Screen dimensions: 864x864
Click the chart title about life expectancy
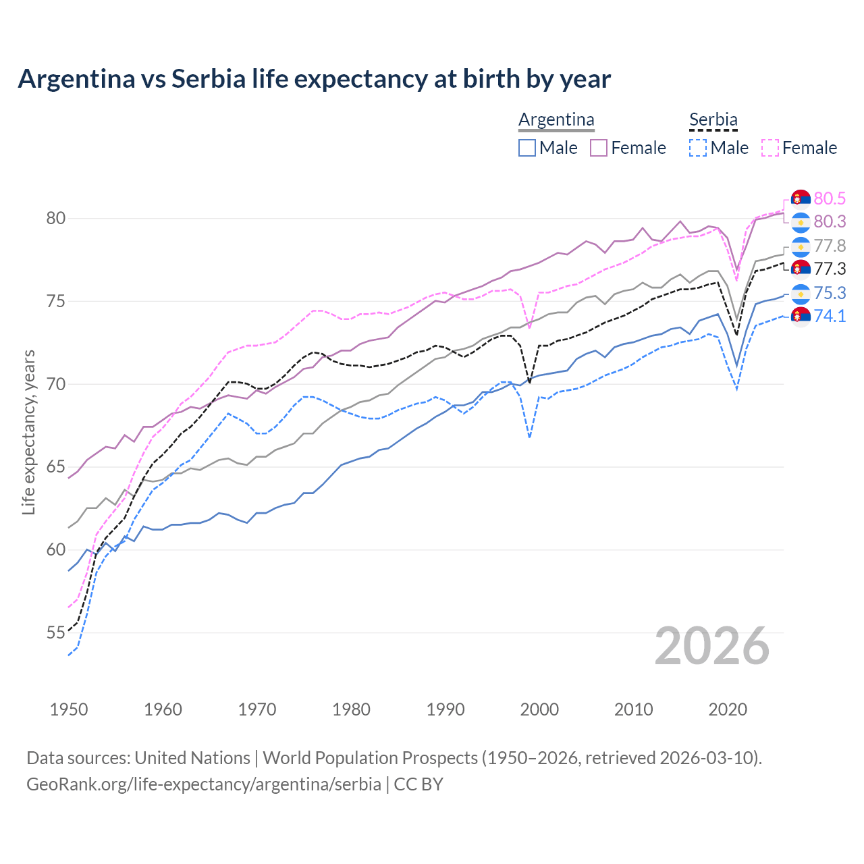point(314,79)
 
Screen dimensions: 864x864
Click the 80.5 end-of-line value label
point(830,198)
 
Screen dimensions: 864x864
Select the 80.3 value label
point(830,221)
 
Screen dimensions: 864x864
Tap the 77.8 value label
point(830,246)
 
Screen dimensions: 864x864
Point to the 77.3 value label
point(830,269)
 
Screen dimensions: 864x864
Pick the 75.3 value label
point(830,293)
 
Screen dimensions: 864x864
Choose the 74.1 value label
point(830,316)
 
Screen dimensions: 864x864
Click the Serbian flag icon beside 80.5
point(801,199)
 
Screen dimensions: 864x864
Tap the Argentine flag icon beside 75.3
point(801,294)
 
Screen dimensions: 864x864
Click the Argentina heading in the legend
point(556,120)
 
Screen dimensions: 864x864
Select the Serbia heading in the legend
point(713,120)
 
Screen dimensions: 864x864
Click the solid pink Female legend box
point(599,148)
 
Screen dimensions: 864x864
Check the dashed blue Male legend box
point(698,148)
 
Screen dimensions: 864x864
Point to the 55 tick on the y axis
point(55,633)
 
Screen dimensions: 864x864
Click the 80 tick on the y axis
point(55,218)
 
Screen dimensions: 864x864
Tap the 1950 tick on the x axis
point(69,709)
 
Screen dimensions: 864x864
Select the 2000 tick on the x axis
point(539,709)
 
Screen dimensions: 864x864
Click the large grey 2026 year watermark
point(711,646)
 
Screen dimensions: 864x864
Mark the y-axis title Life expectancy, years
point(29,432)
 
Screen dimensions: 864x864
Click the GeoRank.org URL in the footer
point(204,784)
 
